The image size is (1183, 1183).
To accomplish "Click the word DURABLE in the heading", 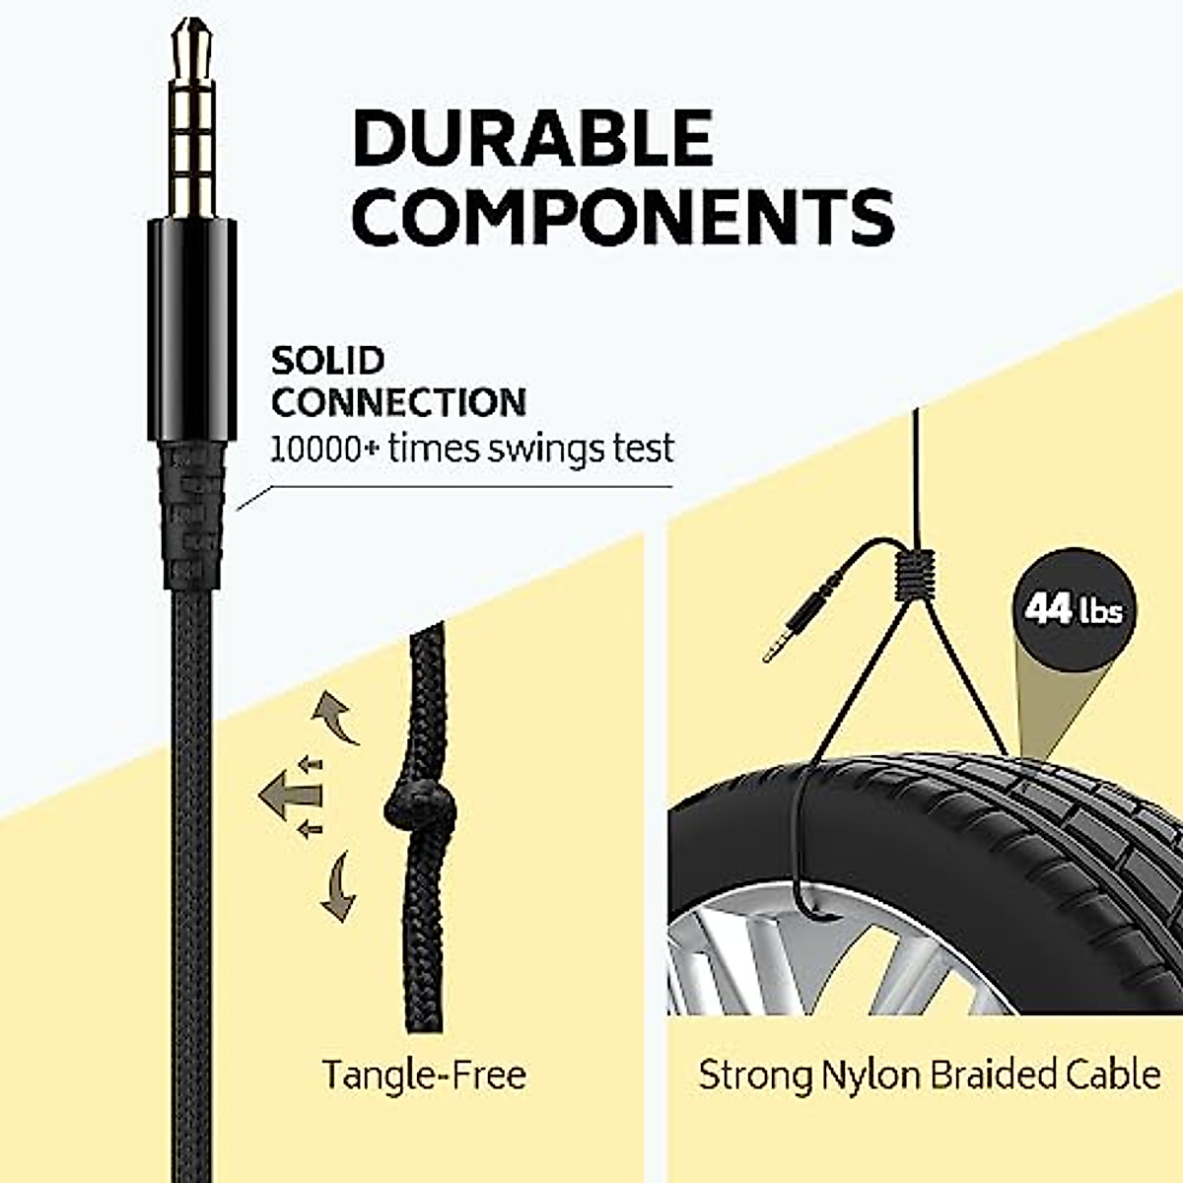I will [x=532, y=138].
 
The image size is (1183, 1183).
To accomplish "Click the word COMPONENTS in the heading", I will [x=623, y=216].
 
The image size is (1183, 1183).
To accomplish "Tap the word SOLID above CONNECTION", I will [x=327, y=361].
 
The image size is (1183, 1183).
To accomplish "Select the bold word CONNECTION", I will [x=398, y=402].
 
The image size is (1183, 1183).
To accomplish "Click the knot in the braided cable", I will [x=422, y=811].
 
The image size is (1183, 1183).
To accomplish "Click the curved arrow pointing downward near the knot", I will [x=337, y=884].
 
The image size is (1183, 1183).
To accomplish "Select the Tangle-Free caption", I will [x=424, y=1074].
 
